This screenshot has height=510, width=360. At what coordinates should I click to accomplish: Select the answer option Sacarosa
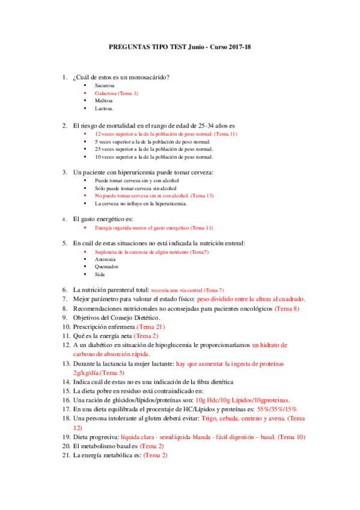point(105,85)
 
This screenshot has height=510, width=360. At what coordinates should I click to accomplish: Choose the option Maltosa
point(103,101)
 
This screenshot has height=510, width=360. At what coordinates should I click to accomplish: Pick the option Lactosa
point(104,109)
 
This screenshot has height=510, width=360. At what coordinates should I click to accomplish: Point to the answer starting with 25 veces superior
point(153,149)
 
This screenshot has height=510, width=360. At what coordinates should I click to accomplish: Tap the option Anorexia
point(105,259)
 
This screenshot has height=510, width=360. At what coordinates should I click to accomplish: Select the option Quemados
point(106,266)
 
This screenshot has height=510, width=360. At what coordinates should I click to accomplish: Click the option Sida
point(100,274)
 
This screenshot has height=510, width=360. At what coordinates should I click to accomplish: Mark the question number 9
point(66,317)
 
